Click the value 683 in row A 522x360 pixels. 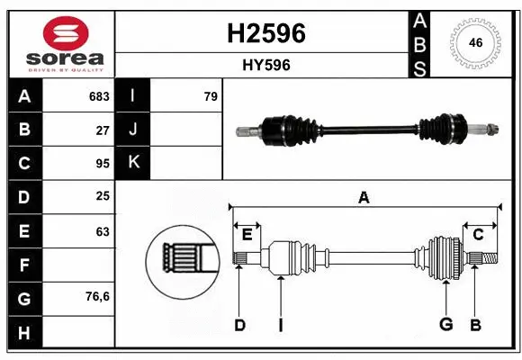point(99,96)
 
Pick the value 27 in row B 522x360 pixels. point(103,130)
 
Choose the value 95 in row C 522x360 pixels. point(103,164)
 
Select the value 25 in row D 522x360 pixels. point(103,197)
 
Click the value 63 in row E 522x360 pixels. point(103,231)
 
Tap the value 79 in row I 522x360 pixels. point(211,96)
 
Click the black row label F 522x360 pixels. point(24,265)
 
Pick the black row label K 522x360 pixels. point(133,164)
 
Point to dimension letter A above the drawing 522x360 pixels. point(364,197)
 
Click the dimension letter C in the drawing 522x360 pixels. point(478,235)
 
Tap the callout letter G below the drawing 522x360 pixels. point(445,325)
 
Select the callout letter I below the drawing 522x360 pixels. point(280,325)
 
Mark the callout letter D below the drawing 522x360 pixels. point(239,325)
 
